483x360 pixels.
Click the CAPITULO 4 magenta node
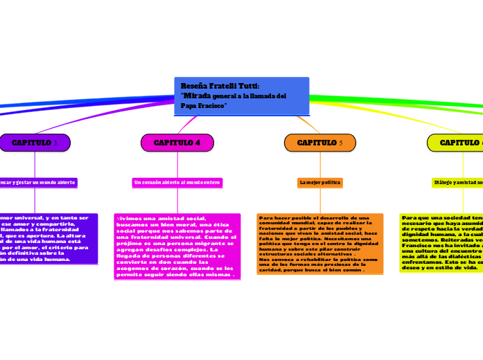tap(177, 143)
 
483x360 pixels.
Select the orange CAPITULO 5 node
tap(319, 143)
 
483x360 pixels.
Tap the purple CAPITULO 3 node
tap(35, 143)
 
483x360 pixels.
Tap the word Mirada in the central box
tap(196, 95)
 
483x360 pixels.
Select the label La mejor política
tap(320, 182)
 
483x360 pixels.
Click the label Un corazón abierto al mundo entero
tap(177, 182)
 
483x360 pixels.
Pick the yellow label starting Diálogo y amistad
tap(457, 182)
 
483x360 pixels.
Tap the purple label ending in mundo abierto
tap(38, 182)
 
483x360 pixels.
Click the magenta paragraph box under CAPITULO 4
tap(177, 246)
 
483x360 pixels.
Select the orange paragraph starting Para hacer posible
tap(319, 244)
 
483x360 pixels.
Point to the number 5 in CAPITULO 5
tap(341, 143)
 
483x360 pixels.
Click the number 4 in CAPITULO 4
tap(197, 143)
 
